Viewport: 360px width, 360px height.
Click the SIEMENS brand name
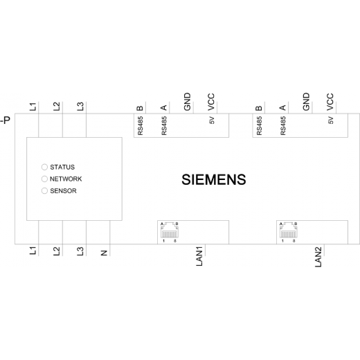pos(214,179)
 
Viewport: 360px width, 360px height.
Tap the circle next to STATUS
pos(44,167)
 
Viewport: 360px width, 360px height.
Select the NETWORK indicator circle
pos(44,179)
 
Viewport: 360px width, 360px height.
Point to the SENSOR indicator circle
pos(44,191)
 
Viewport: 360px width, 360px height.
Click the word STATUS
pos(62,167)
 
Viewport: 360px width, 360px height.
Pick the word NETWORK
pos(66,179)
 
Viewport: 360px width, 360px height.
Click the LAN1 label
pos(199,256)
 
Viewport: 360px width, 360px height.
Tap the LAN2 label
pos(318,257)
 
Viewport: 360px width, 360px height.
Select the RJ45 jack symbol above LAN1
pos(170,230)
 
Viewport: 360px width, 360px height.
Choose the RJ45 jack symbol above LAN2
pos(289,230)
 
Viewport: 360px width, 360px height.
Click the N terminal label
pos(105,253)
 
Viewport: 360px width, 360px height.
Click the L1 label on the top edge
pos(33,107)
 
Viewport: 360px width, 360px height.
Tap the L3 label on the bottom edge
pos(80,251)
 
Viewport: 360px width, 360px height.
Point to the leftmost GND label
pos(188,102)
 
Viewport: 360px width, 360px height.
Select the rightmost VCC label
pos(330,102)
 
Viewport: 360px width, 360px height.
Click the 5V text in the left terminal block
pos(212,120)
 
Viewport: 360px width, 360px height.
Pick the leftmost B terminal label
pos(140,108)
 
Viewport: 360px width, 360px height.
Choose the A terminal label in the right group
pos(282,108)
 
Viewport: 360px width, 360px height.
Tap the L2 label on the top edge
pos(57,107)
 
